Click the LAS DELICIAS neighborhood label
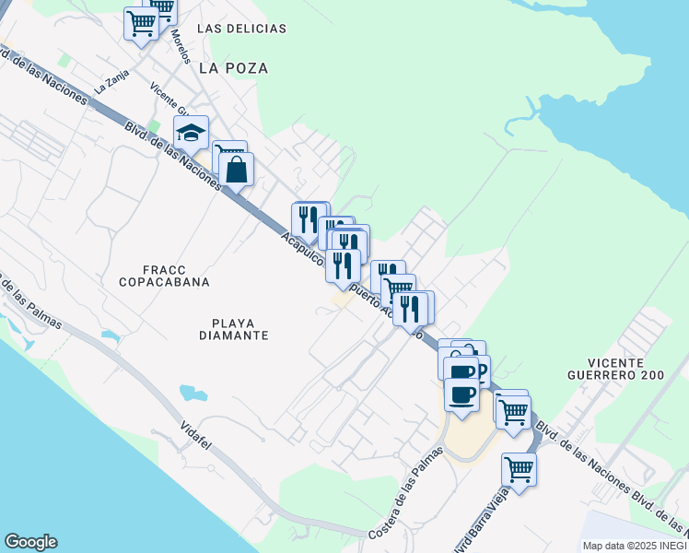click(241, 29)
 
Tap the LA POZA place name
click(233, 68)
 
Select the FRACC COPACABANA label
click(164, 274)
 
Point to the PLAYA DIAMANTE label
click(227, 329)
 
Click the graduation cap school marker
click(192, 133)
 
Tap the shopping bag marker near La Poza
click(237, 170)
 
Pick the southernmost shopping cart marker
click(519, 469)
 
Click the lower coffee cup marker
click(461, 394)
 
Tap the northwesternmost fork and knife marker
click(307, 219)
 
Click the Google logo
click(30, 542)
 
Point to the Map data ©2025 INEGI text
click(634, 546)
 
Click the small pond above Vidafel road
click(194, 394)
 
